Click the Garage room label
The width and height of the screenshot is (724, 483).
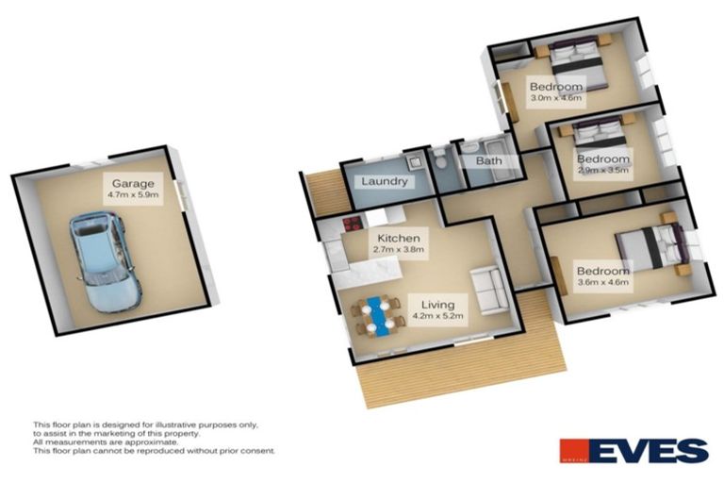click(133, 183)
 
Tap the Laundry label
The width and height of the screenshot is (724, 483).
click(385, 181)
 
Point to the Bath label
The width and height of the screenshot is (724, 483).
click(488, 162)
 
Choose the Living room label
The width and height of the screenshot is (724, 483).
click(438, 305)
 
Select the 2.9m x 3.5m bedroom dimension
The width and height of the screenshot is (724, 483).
click(603, 171)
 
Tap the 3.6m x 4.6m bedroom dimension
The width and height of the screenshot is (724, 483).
click(603, 283)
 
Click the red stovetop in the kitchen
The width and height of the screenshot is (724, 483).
click(353, 225)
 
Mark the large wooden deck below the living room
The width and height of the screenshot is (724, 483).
click(462, 373)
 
